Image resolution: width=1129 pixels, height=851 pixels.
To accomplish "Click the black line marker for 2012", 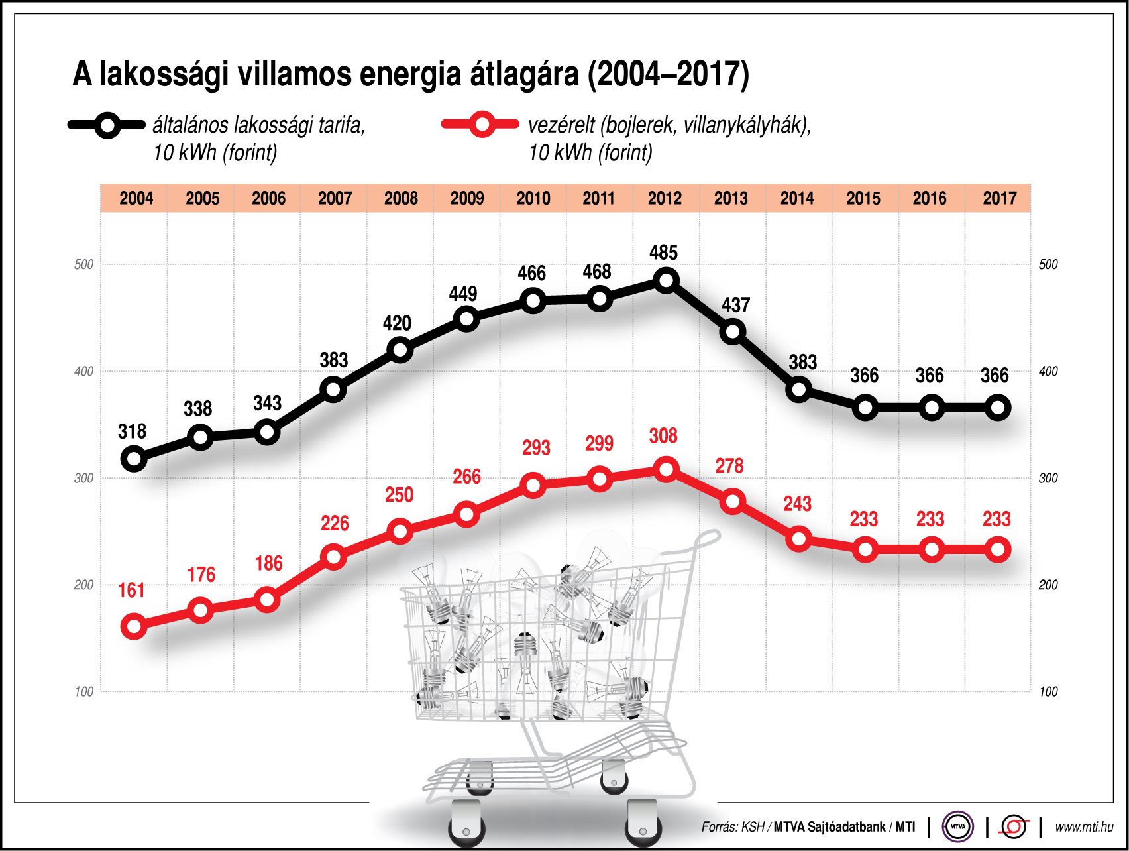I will pyautogui.click(x=666, y=280).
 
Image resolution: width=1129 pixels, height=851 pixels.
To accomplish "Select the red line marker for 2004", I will pyautogui.click(x=134, y=626).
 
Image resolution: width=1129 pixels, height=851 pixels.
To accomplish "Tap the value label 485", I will pyautogui.click(x=663, y=253).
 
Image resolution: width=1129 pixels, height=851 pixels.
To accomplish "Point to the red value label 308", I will pyautogui.click(x=663, y=436).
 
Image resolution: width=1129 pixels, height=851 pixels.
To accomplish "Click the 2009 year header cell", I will pyautogui.click(x=467, y=198).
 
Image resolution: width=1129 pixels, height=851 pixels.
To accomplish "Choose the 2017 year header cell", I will pyautogui.click(x=999, y=198).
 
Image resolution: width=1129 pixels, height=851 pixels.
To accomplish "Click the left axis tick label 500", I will pyautogui.click(x=84, y=264).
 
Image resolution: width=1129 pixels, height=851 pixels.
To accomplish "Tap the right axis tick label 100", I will pyautogui.click(x=1048, y=692).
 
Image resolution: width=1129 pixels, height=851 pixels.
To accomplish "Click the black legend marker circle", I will pyautogui.click(x=107, y=125).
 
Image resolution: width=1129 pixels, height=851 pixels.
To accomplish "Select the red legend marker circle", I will pyautogui.click(x=482, y=125).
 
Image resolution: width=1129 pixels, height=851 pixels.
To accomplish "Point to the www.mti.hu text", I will pyautogui.click(x=1084, y=826).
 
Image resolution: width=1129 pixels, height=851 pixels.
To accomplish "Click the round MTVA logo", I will pyautogui.click(x=957, y=826).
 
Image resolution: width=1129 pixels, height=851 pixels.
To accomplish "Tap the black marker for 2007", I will pyautogui.click(x=334, y=389).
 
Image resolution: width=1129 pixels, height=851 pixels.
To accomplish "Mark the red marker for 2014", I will pyautogui.click(x=799, y=538).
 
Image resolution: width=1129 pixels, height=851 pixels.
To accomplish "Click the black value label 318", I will pyautogui.click(x=132, y=431).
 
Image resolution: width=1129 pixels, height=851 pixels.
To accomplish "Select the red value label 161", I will pyautogui.click(x=131, y=590).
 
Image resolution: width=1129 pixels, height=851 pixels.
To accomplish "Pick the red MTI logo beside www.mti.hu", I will pyautogui.click(x=1013, y=826).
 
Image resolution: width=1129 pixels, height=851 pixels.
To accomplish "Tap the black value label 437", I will pyautogui.click(x=735, y=305).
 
